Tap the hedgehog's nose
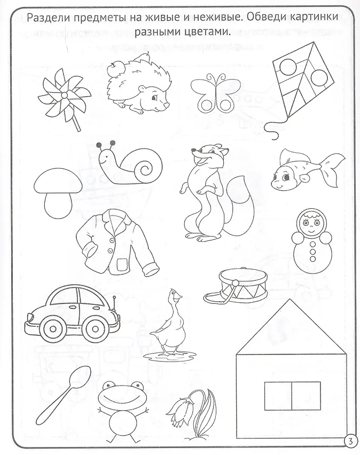pos(167,105)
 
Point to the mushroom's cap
pos(58,182)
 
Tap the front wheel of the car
pos(52,329)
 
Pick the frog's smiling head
pos(121,396)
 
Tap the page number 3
pos(350,442)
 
